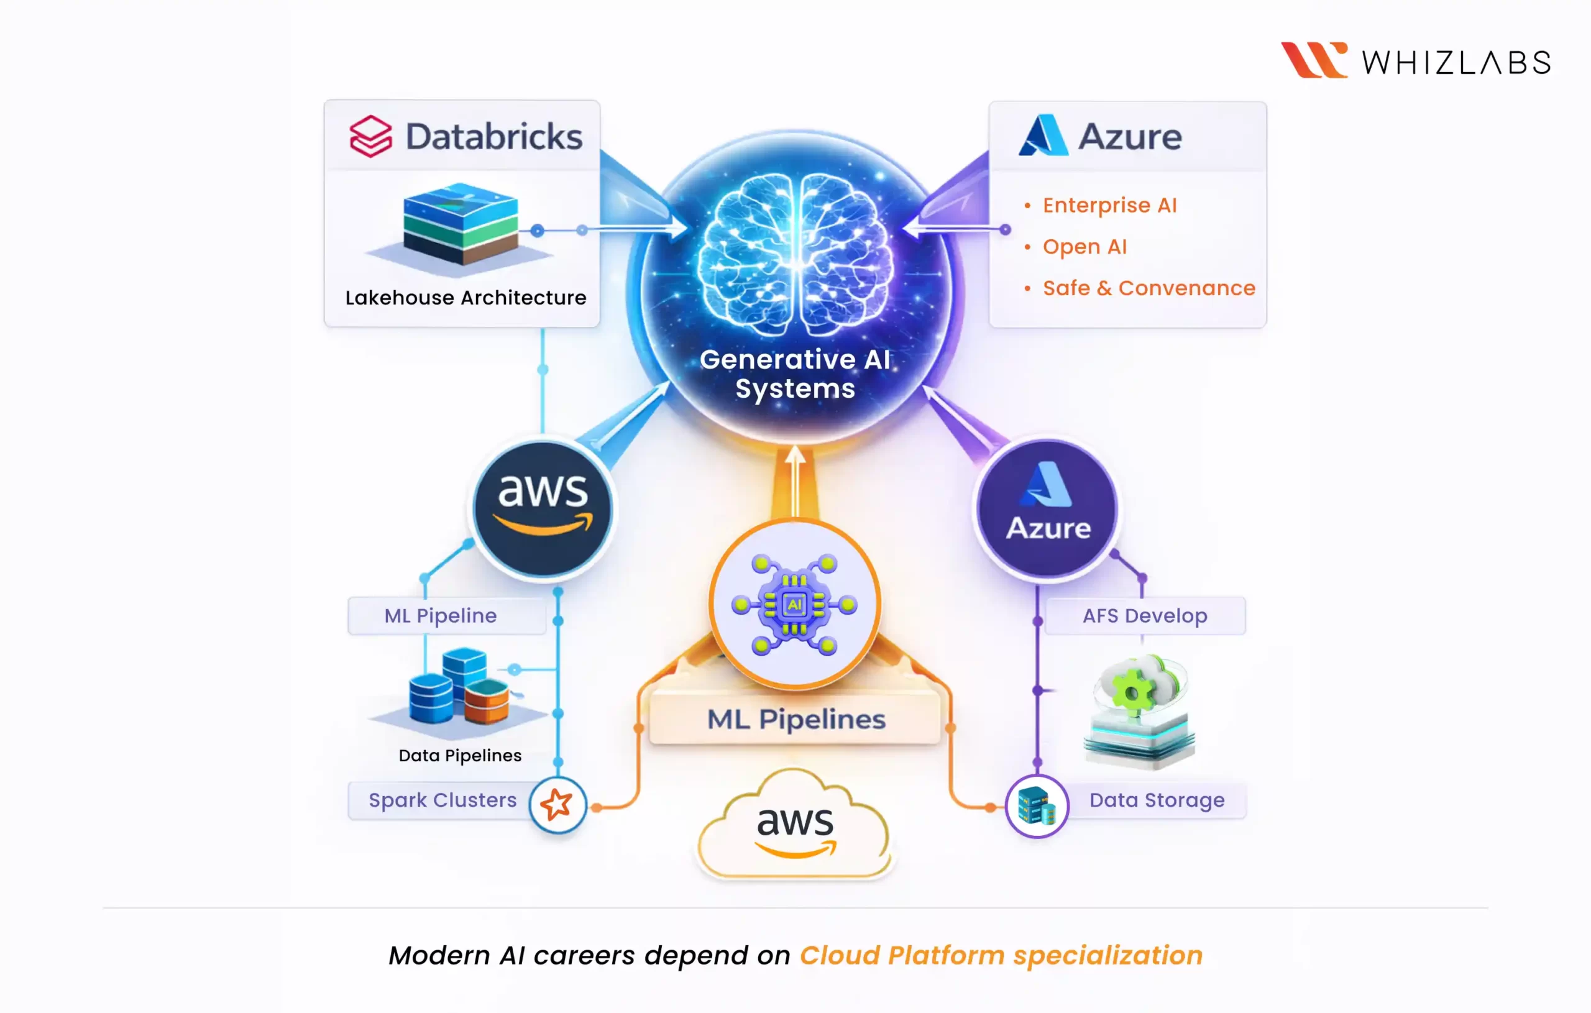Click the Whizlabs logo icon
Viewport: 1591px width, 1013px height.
tap(1313, 60)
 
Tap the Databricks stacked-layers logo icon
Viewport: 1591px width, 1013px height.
tap(370, 136)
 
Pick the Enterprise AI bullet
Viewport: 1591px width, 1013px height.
tap(1109, 206)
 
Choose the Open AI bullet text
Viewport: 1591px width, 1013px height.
tap(1084, 247)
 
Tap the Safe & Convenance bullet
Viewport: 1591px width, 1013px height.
tap(1149, 288)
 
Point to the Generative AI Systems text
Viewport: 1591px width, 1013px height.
tap(795, 374)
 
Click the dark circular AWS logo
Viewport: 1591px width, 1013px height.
tap(543, 510)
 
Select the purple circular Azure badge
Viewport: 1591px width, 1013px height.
tap(1048, 510)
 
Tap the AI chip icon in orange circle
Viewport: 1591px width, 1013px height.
tap(795, 604)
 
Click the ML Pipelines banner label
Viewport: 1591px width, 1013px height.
tap(795, 719)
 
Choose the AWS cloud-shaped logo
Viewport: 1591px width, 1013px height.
tap(795, 826)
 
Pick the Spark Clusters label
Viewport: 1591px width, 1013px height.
tap(442, 800)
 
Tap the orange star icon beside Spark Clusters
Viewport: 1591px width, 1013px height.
tap(557, 804)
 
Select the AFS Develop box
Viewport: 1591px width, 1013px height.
tap(1144, 616)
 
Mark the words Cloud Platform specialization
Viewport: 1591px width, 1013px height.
tap(1001, 955)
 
